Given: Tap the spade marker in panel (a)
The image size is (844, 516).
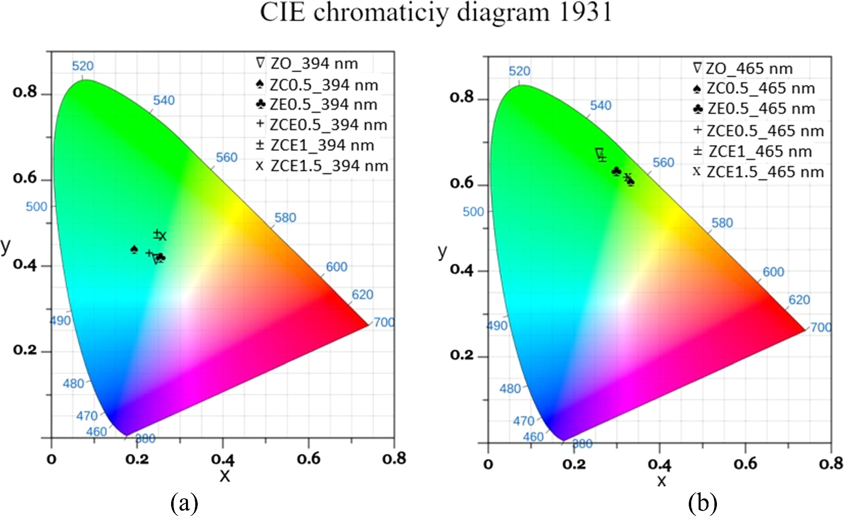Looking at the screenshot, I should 134,249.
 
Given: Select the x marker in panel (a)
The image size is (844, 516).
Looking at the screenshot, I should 163,236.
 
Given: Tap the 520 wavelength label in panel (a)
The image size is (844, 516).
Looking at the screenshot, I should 83,66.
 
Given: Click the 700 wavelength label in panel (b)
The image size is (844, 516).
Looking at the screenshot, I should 820,328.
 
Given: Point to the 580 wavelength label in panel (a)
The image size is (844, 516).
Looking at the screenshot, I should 285,218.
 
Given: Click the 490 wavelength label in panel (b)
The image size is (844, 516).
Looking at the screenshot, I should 497,326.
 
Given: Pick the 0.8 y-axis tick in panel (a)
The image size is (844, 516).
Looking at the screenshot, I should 25,93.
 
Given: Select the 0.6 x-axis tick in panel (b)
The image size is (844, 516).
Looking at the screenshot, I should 745,464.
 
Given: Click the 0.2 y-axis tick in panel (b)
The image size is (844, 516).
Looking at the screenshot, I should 461,355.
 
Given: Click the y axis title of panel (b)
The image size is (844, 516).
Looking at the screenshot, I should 443,251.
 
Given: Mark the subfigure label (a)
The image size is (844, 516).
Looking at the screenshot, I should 184,503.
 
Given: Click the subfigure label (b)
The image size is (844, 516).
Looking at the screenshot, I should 702,503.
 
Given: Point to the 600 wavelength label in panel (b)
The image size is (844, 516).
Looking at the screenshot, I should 773,272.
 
